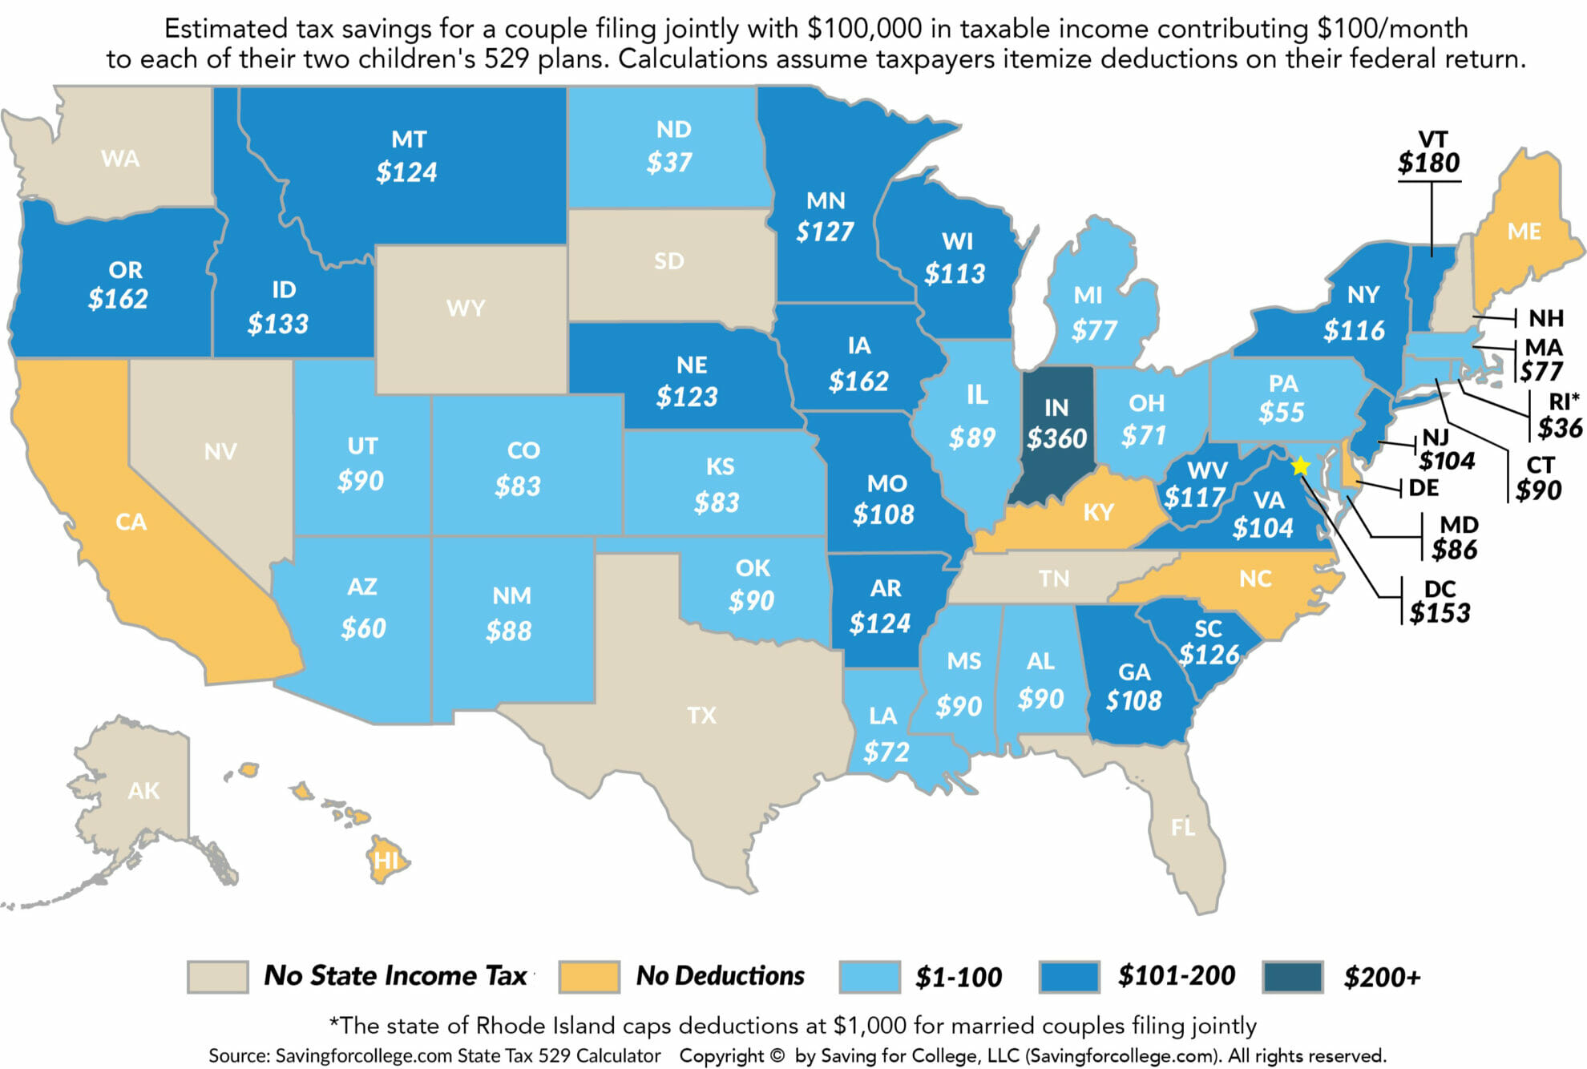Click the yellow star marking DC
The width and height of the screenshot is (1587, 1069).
1300,466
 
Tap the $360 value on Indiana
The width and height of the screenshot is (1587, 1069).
1056,438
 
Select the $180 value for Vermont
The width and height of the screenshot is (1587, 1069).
1429,163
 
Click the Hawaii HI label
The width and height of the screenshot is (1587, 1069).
386,861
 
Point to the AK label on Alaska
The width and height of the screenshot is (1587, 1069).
143,791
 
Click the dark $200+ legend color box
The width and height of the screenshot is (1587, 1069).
1292,977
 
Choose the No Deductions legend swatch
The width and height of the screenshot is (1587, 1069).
589,977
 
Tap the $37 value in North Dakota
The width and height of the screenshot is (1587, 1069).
669,163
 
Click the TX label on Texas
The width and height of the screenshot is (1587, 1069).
701,715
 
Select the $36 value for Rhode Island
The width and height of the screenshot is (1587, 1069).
1559,428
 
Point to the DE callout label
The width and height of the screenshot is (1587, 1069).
1423,487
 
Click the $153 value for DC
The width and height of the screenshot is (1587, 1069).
1440,613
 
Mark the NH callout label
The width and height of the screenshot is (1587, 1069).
1545,318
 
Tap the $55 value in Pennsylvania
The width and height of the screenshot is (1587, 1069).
1281,412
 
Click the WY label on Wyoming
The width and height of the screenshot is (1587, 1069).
466,308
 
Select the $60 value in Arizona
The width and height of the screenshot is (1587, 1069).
363,628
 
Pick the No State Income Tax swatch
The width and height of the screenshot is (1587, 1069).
217,977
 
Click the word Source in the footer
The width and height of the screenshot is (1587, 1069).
239,1055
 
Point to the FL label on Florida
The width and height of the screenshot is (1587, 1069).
1183,827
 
